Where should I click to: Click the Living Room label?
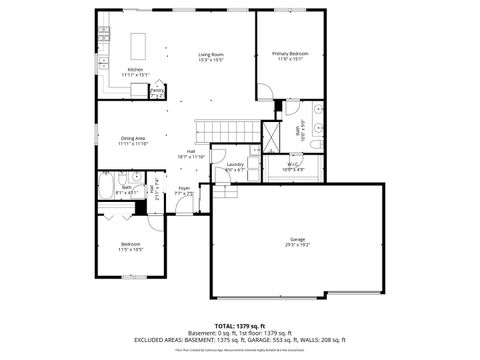click(x=209, y=54)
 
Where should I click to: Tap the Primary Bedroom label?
click(x=291, y=53)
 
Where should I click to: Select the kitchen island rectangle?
click(x=140, y=45)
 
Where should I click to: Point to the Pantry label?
click(x=157, y=89)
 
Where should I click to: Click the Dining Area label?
click(x=133, y=138)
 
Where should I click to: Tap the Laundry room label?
click(x=235, y=164)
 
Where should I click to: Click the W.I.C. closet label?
click(x=293, y=164)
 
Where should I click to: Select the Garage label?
click(x=297, y=239)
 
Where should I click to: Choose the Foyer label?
click(x=184, y=188)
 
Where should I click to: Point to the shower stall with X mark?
click(x=272, y=133)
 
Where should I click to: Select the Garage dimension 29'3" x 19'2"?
click(x=297, y=245)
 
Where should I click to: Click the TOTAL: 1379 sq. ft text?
click(x=239, y=326)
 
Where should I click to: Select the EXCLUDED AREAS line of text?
click(x=239, y=339)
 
